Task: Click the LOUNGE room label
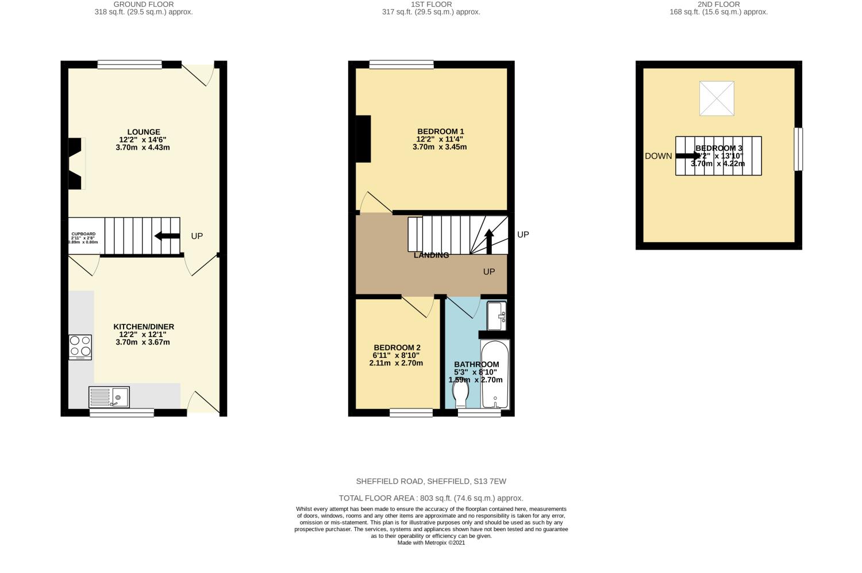144,132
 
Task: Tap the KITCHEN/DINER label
144,327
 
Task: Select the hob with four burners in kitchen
80,347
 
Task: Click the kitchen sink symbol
109,397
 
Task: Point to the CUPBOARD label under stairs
83,234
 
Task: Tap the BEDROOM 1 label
440,132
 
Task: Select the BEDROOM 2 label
397,347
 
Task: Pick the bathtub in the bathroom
495,375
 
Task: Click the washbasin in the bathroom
497,316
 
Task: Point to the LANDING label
431,255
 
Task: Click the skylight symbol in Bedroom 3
717,98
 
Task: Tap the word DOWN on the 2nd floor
658,156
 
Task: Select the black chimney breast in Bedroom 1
363,139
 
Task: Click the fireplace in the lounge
76,163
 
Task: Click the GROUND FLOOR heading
144,4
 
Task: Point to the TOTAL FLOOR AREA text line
431,498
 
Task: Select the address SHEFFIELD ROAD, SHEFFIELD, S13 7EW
431,482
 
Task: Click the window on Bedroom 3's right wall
798,149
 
